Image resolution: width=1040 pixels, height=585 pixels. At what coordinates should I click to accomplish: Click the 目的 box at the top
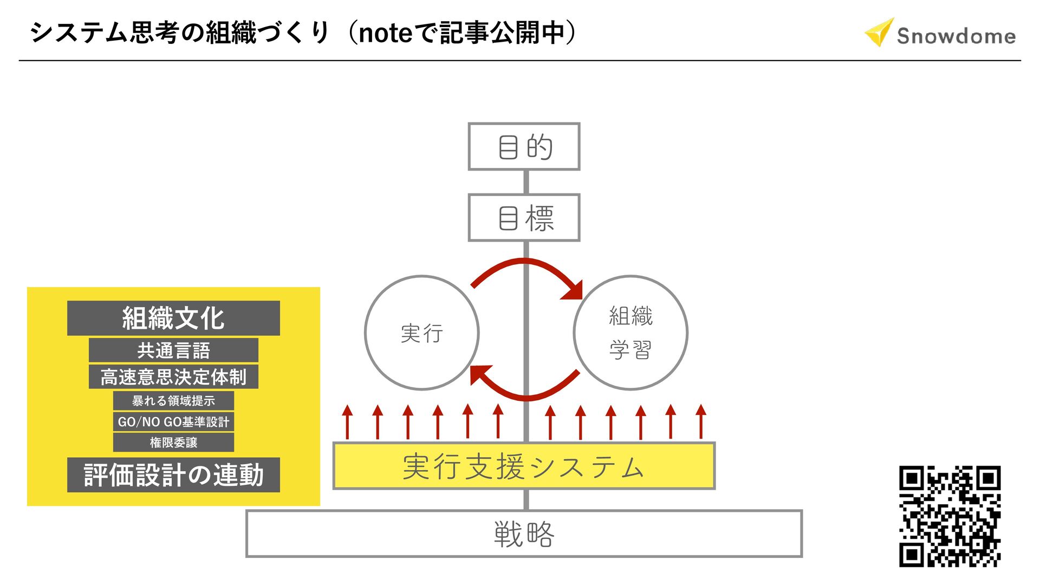point(524,147)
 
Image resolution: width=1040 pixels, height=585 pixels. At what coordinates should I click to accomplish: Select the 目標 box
point(524,218)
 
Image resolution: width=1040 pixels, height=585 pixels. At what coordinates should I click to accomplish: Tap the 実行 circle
point(422,333)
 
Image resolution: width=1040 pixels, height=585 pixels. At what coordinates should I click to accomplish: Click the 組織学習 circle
point(630,333)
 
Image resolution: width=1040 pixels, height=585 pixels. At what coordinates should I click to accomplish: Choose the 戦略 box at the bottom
point(524,534)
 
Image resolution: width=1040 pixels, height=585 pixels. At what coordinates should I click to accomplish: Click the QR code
point(950,516)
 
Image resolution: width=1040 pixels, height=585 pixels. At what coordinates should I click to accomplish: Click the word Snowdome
point(956,36)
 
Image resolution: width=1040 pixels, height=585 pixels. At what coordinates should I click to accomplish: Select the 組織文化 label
point(173,318)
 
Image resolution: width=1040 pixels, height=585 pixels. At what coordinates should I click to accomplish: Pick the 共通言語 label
point(173,350)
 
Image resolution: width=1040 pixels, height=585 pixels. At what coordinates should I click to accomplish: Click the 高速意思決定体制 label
point(173,376)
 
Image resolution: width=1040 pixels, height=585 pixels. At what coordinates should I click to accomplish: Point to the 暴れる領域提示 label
point(173,401)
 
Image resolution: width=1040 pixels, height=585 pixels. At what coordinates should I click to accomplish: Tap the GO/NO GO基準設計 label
point(173,421)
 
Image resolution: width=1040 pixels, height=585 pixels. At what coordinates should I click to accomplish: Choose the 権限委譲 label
point(173,443)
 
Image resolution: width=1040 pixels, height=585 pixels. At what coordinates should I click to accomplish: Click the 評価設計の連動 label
point(173,475)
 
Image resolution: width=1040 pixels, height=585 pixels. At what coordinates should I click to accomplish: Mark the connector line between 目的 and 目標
point(525,182)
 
